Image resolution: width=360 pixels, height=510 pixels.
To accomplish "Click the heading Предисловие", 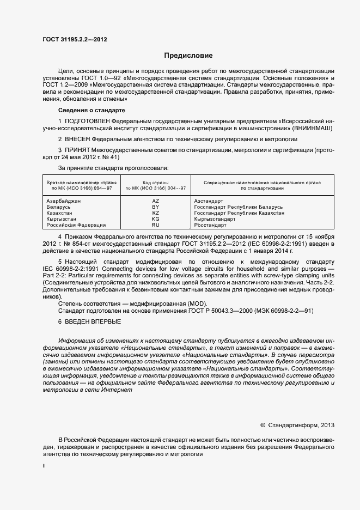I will pos(188,56).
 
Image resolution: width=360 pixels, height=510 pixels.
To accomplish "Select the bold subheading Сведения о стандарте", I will pos(91,111).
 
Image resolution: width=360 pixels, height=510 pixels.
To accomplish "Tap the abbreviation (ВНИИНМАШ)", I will pos(312,127).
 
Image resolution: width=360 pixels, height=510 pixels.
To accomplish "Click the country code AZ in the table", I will pos(156,201).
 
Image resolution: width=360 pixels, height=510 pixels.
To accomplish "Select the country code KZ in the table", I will pos(156,213).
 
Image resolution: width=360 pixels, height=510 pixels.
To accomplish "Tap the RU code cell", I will pos(156,225).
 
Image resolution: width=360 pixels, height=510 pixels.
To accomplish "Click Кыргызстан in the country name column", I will pos(62,219).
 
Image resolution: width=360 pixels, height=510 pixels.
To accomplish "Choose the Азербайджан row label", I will pos(64,201).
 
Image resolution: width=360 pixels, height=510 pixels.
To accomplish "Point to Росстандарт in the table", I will pos(210,225).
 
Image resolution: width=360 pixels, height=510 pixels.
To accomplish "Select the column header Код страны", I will pos(156,182).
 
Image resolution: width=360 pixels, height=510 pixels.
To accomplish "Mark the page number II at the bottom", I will pos(44,466).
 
